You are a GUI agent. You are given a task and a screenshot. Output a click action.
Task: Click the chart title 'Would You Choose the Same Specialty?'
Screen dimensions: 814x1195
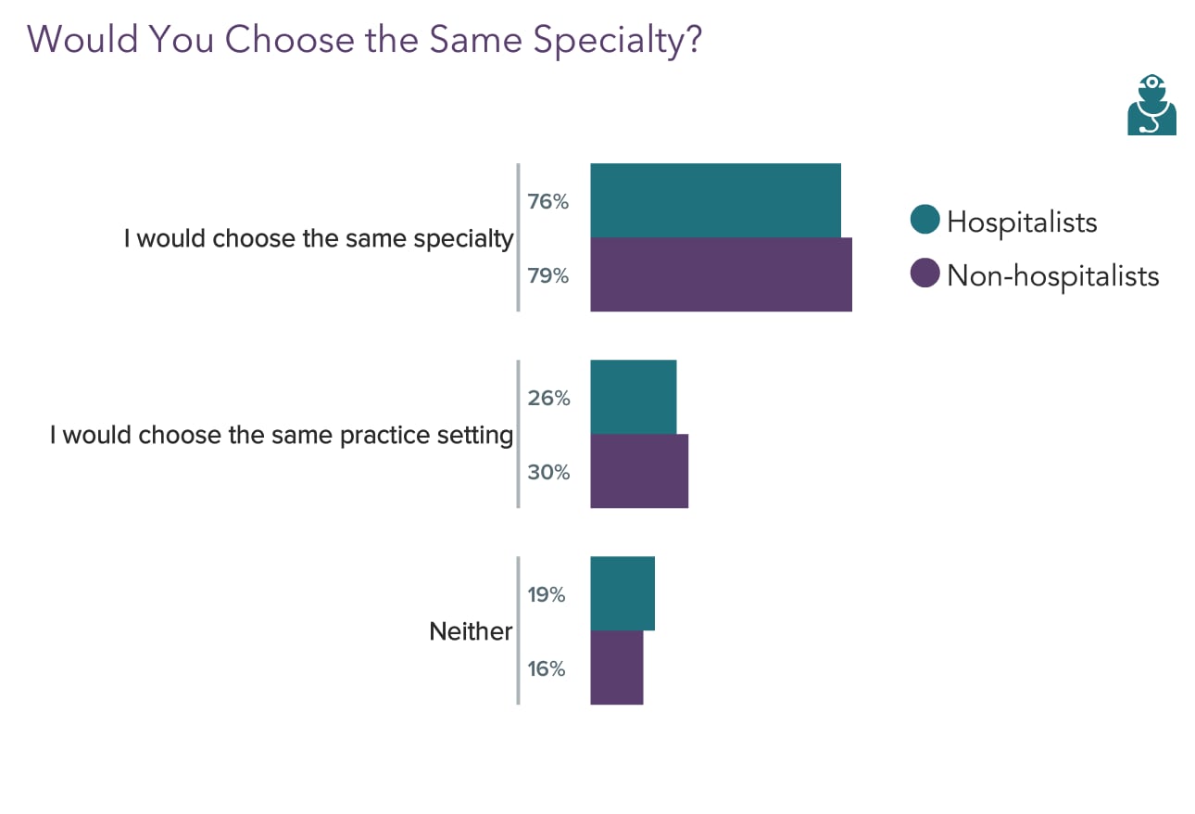click(x=365, y=39)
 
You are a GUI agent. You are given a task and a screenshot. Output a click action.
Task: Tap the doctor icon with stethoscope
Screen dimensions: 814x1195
click(x=1151, y=105)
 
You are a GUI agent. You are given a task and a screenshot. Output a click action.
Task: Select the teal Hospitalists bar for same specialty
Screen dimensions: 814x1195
click(x=715, y=200)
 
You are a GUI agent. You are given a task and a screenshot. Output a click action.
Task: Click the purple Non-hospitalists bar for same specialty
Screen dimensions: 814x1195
click(x=721, y=274)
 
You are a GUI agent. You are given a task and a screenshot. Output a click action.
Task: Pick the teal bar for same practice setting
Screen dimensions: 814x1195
click(x=633, y=397)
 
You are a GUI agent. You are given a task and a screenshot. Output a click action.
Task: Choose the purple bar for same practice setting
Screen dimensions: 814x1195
click(x=639, y=471)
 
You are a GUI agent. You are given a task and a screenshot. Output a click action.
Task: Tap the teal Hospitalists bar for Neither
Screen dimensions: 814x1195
click(x=623, y=593)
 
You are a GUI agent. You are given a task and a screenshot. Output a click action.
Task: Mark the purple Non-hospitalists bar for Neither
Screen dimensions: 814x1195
click(x=616, y=668)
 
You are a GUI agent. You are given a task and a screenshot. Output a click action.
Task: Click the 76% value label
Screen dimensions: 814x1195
click(x=547, y=201)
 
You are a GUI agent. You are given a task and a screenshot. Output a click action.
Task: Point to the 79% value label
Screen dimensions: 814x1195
click(x=547, y=275)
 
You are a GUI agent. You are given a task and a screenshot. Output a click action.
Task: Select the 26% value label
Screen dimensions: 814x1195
click(x=548, y=398)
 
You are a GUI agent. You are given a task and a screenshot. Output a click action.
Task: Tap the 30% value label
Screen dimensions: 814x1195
click(x=548, y=472)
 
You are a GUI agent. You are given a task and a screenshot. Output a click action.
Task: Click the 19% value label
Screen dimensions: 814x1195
click(x=546, y=594)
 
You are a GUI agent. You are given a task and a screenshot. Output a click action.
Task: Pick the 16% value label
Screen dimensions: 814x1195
click(x=546, y=668)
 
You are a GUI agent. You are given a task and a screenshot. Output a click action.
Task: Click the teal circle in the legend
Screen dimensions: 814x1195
click(x=925, y=221)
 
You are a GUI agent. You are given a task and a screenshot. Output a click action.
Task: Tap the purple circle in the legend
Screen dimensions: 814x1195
click(x=925, y=274)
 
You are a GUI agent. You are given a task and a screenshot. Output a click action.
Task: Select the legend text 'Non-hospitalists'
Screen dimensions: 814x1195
click(x=1052, y=275)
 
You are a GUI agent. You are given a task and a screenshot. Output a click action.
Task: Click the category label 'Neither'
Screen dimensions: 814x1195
click(x=471, y=631)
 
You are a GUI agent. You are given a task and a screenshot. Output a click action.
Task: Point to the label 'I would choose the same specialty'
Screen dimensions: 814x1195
click(x=319, y=238)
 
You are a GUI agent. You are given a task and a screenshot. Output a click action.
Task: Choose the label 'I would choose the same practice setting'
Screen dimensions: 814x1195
click(x=282, y=435)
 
